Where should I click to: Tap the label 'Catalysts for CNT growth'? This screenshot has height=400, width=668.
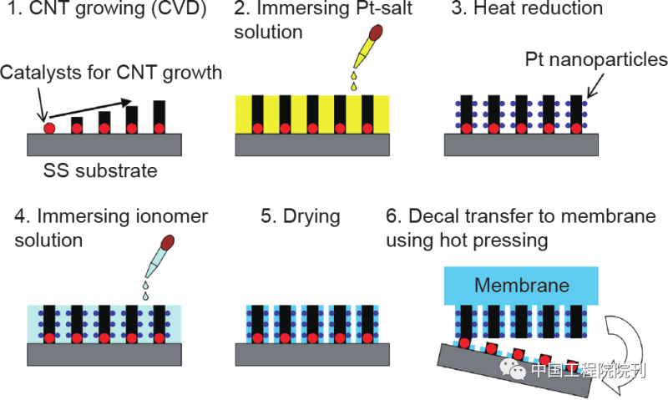click(x=111, y=73)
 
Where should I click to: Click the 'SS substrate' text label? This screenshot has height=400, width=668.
click(x=100, y=171)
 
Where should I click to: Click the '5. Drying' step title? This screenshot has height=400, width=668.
click(x=301, y=216)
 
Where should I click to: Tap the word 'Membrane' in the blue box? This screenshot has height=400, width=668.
click(x=522, y=286)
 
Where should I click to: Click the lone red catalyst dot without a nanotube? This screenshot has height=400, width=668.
click(x=49, y=129)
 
